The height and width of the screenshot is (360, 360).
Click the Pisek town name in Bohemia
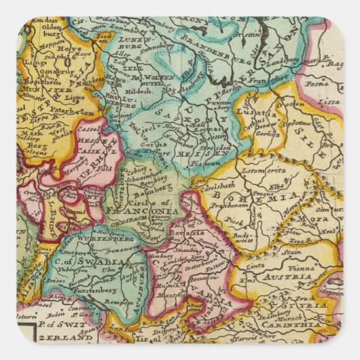pos(234,221)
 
